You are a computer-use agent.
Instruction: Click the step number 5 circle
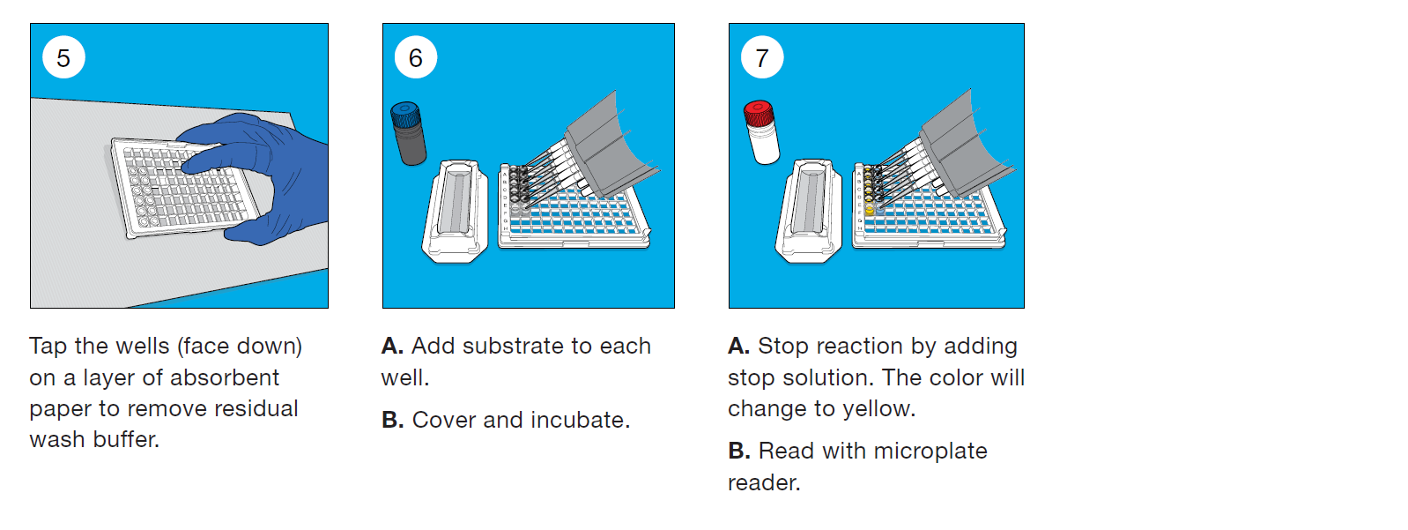(x=63, y=57)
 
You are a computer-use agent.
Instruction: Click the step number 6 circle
(x=416, y=57)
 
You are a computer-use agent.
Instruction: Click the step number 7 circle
(x=762, y=57)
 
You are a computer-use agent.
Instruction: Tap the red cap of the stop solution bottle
(x=759, y=113)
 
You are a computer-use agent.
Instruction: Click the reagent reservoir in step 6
(x=455, y=211)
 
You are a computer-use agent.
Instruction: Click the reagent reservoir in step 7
(x=809, y=211)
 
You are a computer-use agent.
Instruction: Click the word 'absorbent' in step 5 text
(x=224, y=377)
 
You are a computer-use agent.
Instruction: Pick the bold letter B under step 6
(x=392, y=420)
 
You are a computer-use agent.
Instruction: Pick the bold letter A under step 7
(x=738, y=346)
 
